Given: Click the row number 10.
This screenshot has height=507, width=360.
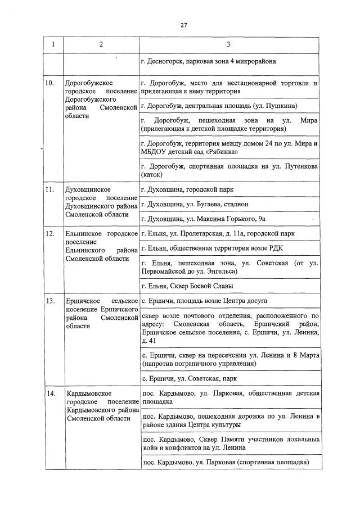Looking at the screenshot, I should pos(49,83).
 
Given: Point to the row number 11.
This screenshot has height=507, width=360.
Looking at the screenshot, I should pos(49,189).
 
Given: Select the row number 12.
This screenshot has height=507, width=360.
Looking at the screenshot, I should pos(49,233).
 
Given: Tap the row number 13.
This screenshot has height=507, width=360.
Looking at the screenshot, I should pos(49,301).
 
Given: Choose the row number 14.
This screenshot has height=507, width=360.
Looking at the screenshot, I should pos(49,392).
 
